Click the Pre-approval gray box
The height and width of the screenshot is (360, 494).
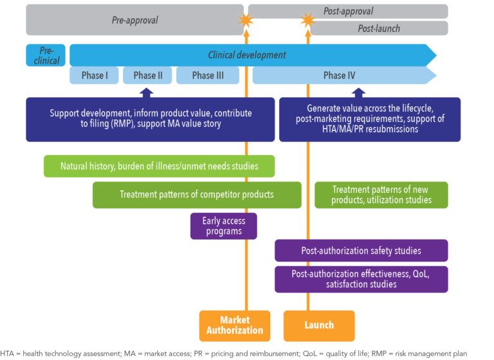135,20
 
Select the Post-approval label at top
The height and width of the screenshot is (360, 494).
348,11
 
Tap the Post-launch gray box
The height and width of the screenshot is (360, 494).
379,28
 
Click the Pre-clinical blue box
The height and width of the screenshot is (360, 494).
46,55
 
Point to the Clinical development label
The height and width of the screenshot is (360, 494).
247,55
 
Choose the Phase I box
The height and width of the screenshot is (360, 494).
94,75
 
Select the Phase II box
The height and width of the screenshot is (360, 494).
147,75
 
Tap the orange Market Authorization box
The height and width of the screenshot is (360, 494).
232,325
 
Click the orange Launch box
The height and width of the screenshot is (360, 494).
318,325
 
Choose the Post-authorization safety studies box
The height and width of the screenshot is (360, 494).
361,251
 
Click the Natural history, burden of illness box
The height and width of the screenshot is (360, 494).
159,166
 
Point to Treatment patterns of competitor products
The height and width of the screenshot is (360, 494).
197,195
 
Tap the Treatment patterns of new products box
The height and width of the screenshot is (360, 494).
381,195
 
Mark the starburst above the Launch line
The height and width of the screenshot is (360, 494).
307,21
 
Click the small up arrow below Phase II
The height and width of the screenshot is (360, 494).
147,92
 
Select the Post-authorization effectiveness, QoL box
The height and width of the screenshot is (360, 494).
361,279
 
